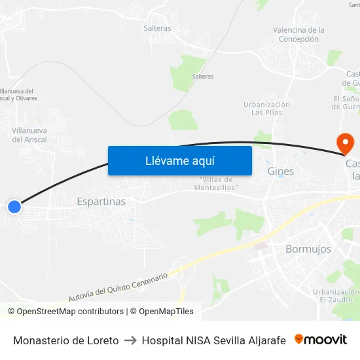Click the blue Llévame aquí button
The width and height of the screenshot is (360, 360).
[179, 160]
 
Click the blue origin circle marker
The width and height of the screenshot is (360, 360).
[14, 207]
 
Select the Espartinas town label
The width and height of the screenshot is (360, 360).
[101, 202]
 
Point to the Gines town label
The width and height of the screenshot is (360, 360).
[281, 171]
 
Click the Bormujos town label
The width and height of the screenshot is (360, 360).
[308, 249]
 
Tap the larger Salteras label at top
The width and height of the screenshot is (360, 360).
[157, 28]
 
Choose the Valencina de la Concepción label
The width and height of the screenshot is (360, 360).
[298, 35]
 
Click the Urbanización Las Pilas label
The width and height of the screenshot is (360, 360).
[266, 108]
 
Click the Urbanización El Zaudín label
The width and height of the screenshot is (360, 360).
[335, 295]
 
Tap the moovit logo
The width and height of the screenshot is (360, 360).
[321, 339]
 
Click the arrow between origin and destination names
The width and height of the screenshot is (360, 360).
[130, 340]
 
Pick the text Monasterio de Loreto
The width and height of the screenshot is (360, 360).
[65, 340]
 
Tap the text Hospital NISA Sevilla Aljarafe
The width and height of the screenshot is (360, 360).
[213, 340]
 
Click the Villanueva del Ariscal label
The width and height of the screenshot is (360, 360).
[28, 135]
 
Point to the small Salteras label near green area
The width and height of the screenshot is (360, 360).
[202, 77]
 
